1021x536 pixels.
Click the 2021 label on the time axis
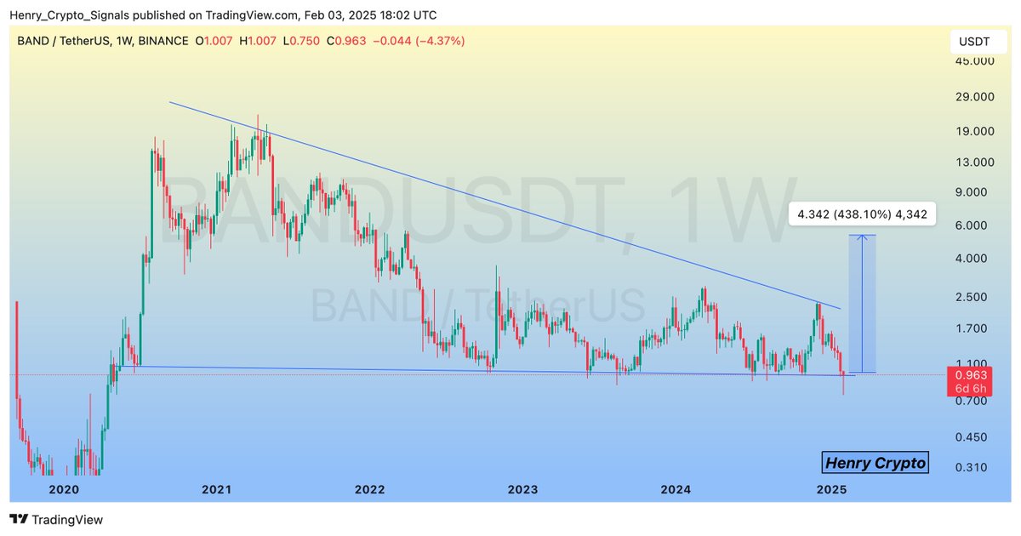(x=217, y=489)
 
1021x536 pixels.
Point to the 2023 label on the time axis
(x=522, y=489)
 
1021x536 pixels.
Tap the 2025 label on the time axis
(x=830, y=489)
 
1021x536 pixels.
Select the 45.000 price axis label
(x=972, y=61)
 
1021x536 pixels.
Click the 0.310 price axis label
(x=972, y=467)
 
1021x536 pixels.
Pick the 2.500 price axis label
(x=972, y=296)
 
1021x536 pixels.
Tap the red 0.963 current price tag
(x=971, y=374)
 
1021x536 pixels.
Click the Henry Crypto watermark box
(x=876, y=463)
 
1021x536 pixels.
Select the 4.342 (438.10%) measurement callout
(x=862, y=214)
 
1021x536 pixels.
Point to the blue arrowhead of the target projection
(x=864, y=237)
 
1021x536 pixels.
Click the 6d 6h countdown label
(x=971, y=389)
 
